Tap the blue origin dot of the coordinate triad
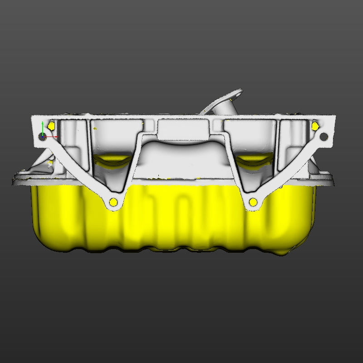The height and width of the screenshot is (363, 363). (42, 136)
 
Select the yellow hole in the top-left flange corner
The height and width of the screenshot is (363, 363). (51, 125)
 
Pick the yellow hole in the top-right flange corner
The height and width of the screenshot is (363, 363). (314, 126)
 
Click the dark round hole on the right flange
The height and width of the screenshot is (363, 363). (324, 136)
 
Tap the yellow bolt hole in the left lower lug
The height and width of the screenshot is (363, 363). (113, 201)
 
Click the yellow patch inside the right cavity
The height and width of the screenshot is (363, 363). (254, 158)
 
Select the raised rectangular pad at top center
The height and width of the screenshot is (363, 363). (185, 129)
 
